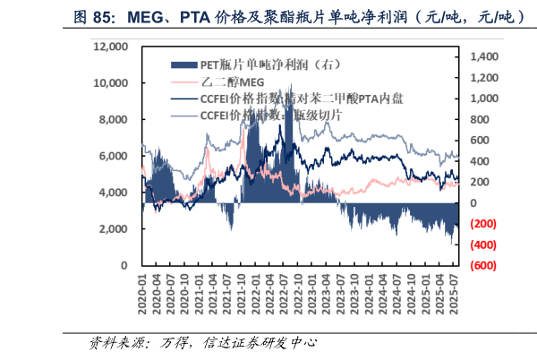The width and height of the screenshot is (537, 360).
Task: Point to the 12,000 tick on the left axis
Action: (x=112, y=46)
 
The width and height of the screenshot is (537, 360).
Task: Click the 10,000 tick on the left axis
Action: (x=112, y=82)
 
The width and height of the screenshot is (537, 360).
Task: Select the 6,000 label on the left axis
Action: (x=116, y=156)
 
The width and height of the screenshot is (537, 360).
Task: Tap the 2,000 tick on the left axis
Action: (x=116, y=229)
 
